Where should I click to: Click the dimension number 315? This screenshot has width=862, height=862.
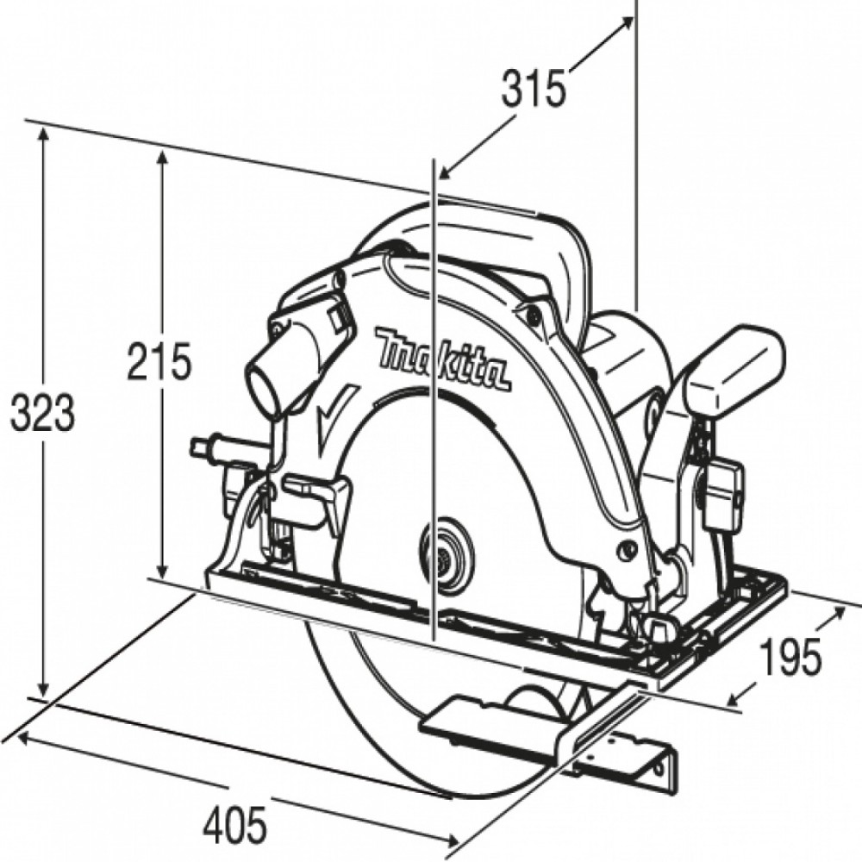pyautogui.click(x=533, y=88)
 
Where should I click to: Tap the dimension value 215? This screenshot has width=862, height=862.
pyautogui.click(x=159, y=361)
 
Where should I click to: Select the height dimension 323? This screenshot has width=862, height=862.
pyautogui.click(x=42, y=412)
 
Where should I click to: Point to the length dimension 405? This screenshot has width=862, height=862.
pyautogui.click(x=234, y=825)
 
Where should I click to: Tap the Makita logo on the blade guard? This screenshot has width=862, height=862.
pyautogui.click(x=443, y=360)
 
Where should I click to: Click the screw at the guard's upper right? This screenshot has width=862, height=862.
pyautogui.click(x=531, y=314)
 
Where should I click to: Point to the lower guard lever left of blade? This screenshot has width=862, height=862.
pyautogui.click(x=316, y=490)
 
